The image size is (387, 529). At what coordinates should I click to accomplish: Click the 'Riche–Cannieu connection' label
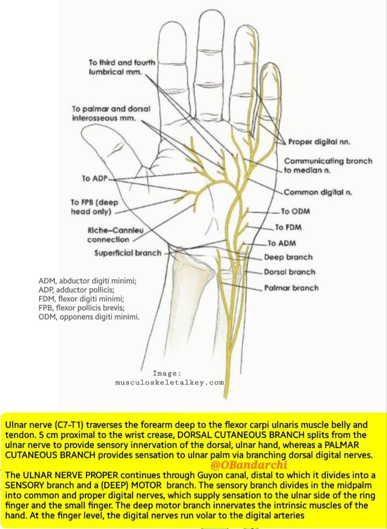coord(108,235)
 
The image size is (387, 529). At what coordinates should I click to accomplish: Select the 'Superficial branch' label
coord(127,253)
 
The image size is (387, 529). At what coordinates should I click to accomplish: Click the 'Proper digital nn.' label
coord(319,142)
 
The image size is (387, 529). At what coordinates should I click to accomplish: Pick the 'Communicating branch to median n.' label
coord(328,165)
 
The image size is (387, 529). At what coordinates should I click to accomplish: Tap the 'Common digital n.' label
coord(317,192)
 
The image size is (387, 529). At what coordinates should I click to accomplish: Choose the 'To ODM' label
coord(295,212)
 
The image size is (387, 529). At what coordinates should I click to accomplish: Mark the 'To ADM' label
coord(282,243)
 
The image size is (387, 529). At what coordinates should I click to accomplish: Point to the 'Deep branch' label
coord(288,257)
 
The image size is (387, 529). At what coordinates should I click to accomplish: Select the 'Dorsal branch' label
coord(289,272)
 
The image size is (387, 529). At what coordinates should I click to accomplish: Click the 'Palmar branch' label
coord(291,288)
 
